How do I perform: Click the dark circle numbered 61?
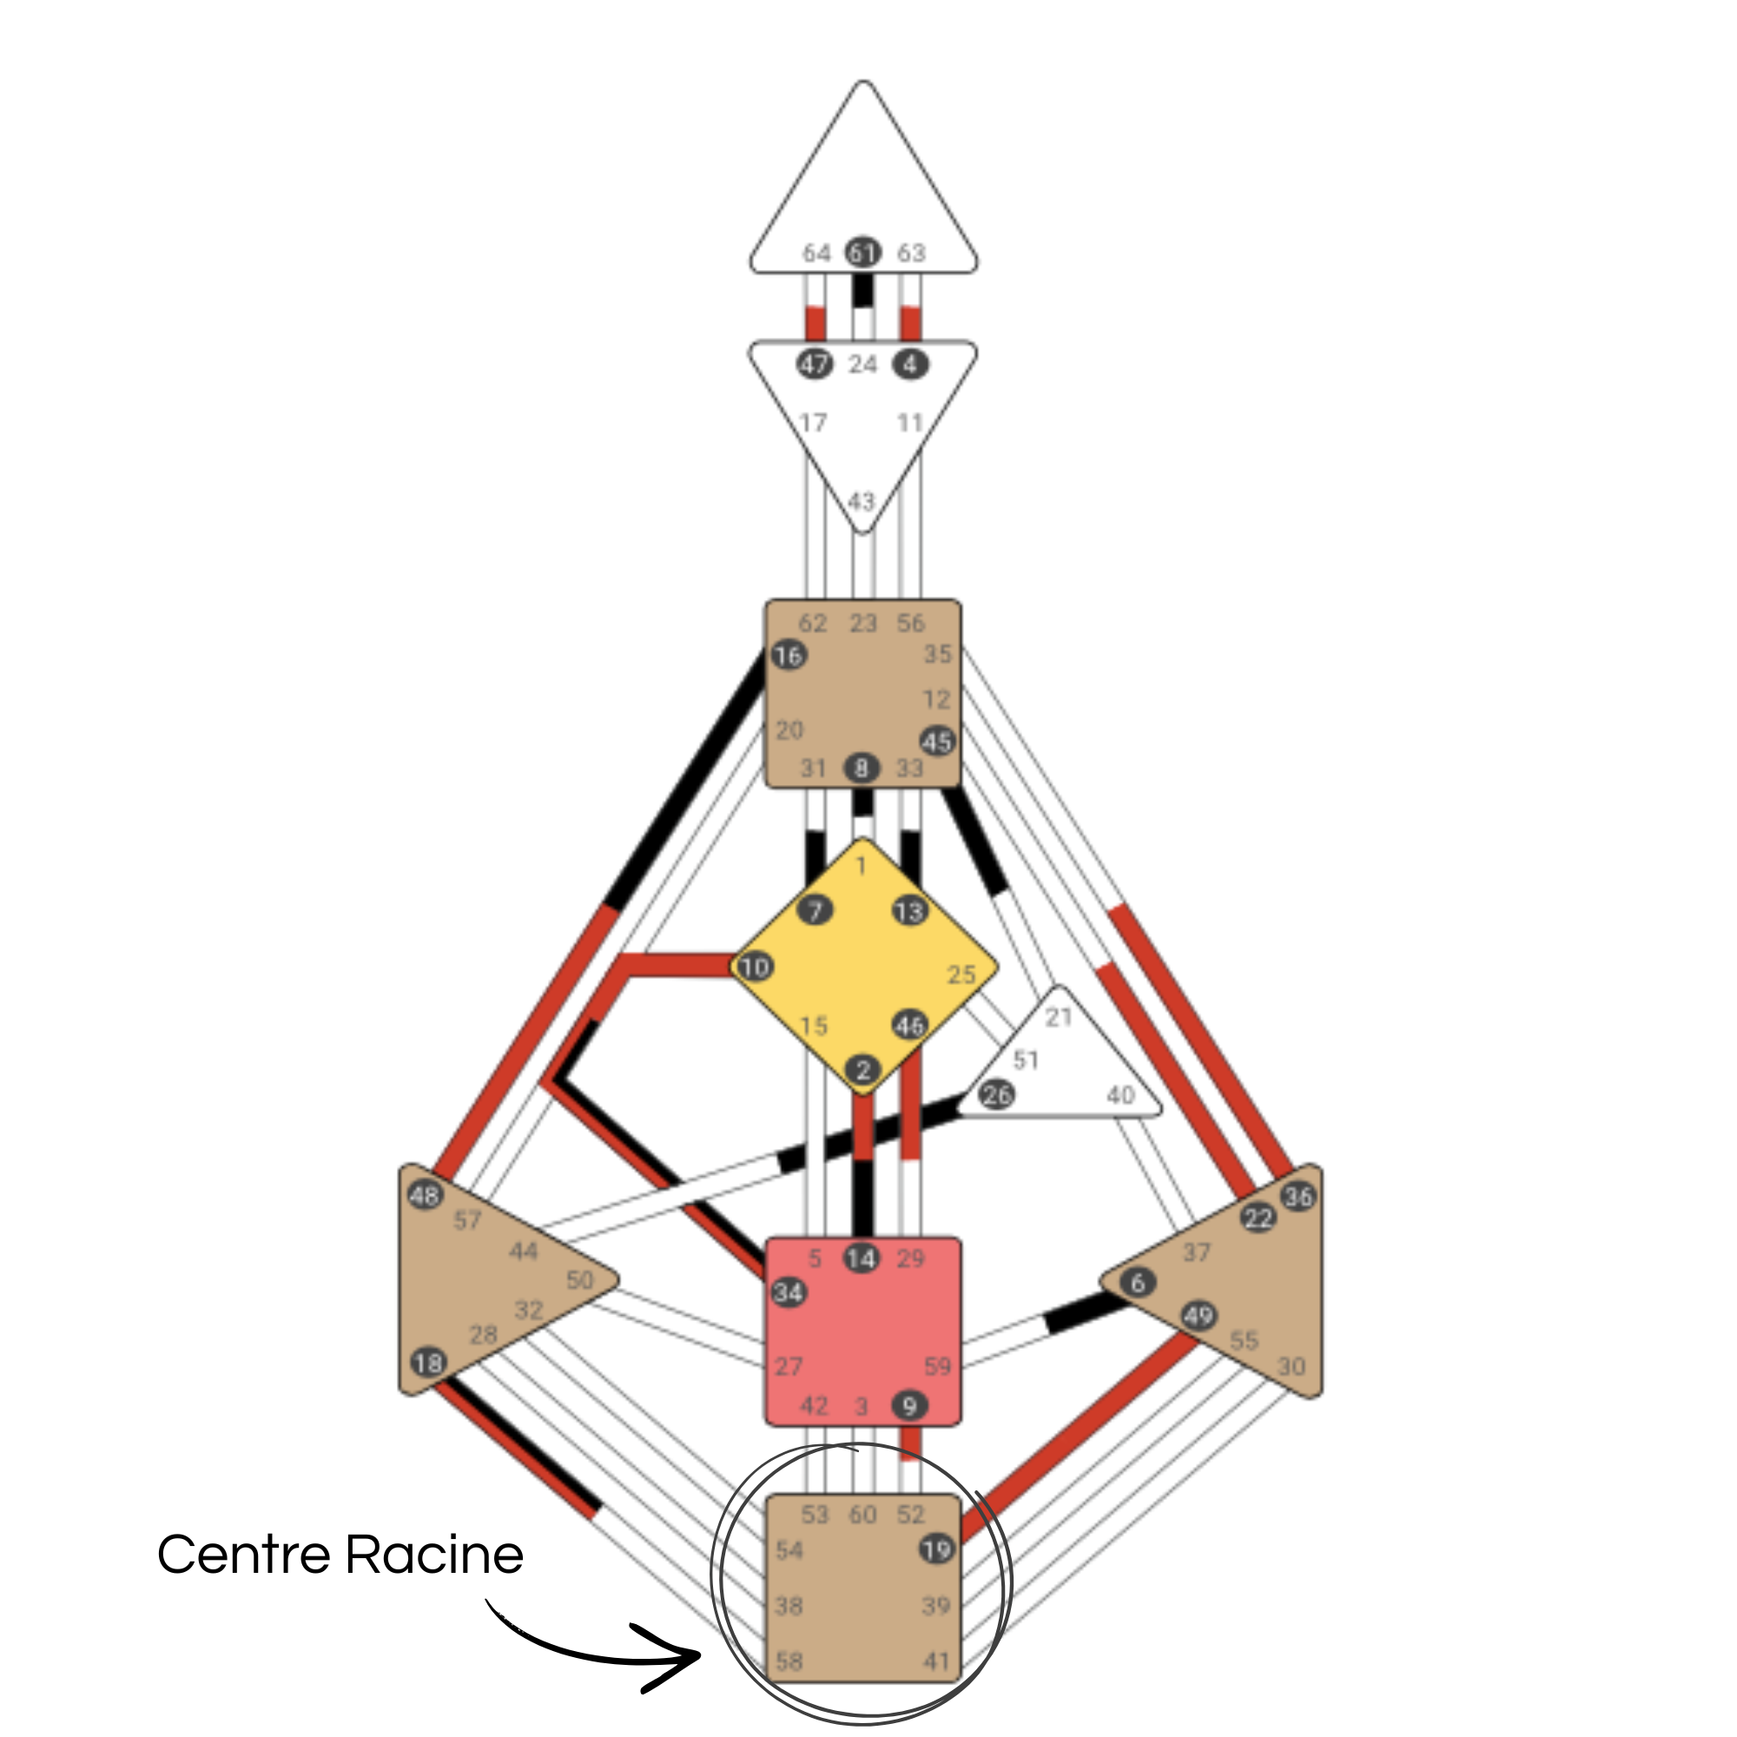[x=863, y=254]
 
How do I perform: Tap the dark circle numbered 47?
[x=815, y=365]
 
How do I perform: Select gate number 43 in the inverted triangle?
[x=862, y=501]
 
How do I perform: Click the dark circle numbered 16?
[x=789, y=656]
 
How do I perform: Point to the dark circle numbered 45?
[x=937, y=742]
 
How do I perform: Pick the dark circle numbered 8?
[x=862, y=768]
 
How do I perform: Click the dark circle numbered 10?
[x=755, y=968]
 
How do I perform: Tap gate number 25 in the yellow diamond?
[x=961, y=974]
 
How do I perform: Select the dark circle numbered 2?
[x=863, y=1070]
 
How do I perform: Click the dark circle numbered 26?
[x=996, y=1094]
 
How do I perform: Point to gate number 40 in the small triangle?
[x=1120, y=1095]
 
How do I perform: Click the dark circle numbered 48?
[x=426, y=1195]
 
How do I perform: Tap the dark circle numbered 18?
[x=429, y=1362]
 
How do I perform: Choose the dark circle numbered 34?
[x=789, y=1293]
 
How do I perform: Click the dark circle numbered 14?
[x=862, y=1258]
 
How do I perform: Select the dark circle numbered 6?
[x=1139, y=1282]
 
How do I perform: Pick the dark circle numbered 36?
[x=1298, y=1197]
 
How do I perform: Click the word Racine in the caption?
[x=434, y=1555]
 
